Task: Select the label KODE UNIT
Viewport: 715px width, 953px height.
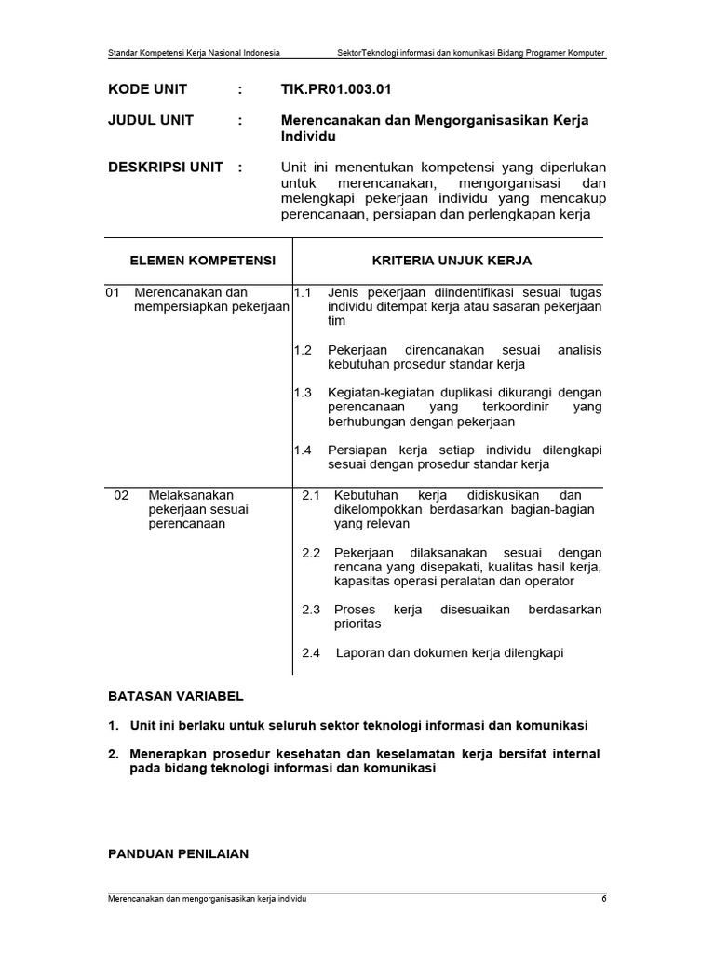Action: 147,89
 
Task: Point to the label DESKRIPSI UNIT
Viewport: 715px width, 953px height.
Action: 166,168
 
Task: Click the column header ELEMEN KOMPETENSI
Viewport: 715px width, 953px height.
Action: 202,261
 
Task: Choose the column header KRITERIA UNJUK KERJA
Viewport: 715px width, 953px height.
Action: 452,261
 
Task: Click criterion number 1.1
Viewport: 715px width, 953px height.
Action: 302,292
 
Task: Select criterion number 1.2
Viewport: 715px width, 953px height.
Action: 302,350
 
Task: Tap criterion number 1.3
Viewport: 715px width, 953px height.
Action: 302,393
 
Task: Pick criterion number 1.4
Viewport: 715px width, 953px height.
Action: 302,450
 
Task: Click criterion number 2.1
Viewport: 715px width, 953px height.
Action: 311,495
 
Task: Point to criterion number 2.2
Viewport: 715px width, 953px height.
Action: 311,553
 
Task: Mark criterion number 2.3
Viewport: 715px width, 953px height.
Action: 311,610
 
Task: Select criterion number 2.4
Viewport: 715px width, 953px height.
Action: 311,653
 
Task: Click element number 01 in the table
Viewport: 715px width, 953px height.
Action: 114,292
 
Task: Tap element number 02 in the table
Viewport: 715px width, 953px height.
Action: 121,495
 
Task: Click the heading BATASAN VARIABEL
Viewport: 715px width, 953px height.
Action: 176,695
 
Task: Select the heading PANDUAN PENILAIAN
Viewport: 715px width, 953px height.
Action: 178,852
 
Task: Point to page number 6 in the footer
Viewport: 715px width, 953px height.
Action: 603,900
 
